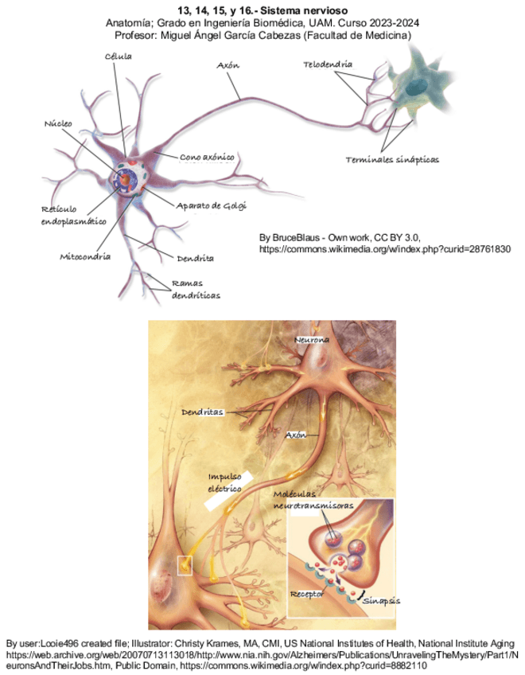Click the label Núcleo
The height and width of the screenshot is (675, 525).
coord(58,124)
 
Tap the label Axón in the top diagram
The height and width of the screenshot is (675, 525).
coord(227,66)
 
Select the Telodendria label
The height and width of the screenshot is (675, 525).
coord(328,63)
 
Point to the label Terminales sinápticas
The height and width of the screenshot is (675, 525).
coord(392,159)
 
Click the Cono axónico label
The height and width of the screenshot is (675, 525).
coord(206,157)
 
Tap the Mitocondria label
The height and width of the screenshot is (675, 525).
coord(85,257)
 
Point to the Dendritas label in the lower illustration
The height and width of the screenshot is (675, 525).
coord(202,412)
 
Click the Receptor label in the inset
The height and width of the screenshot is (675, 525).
coord(307,594)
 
